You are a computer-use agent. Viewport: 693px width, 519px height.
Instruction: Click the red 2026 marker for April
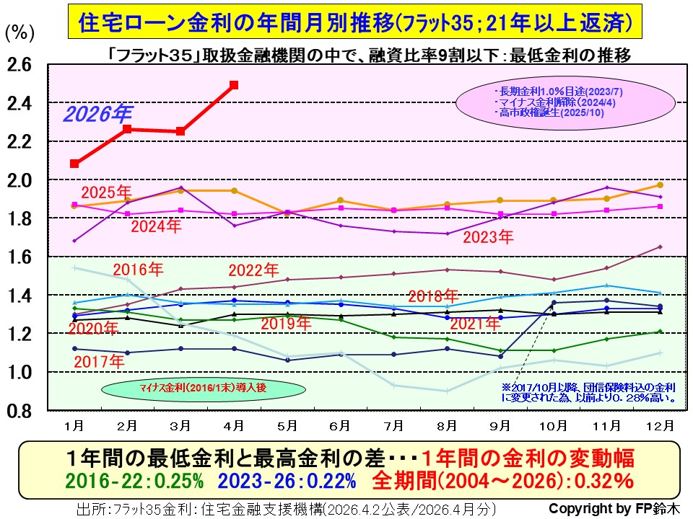click(234, 85)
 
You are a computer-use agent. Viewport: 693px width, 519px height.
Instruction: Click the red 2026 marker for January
click(74, 164)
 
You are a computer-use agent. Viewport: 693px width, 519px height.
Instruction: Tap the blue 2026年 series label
click(98, 114)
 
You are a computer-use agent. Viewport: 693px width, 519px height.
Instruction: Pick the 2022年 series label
click(253, 271)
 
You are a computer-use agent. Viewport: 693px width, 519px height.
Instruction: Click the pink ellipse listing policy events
click(560, 102)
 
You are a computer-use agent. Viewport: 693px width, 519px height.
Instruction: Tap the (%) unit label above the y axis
click(19, 33)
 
